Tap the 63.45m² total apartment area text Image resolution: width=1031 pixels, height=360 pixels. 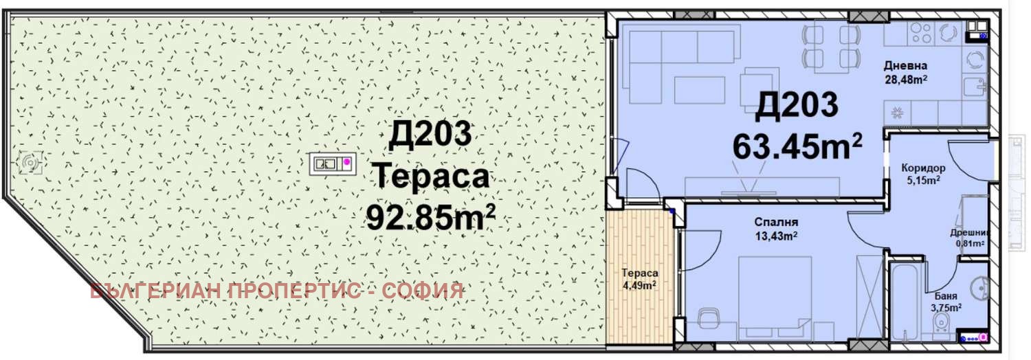pyautogui.click(x=797, y=145)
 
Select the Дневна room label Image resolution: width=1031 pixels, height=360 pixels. pyautogui.click(x=905, y=66)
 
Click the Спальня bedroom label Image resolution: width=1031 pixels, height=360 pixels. pyautogui.click(x=775, y=223)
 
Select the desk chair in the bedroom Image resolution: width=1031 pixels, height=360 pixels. pyautogui.click(x=709, y=322)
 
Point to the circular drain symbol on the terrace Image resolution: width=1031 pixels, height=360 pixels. pyautogui.click(x=31, y=162)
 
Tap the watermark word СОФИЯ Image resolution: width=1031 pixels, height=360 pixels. pyautogui.click(x=426, y=291)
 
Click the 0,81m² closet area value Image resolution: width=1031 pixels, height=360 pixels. pyautogui.click(x=970, y=243)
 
